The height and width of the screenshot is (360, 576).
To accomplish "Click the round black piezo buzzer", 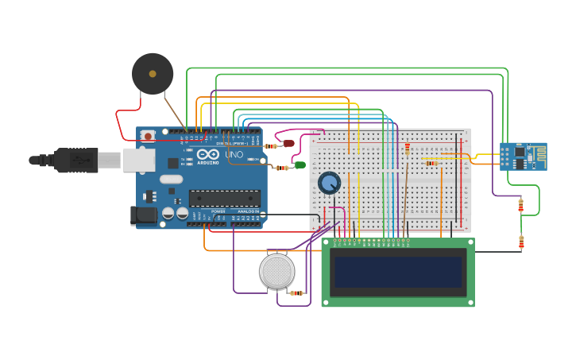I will point(153,74).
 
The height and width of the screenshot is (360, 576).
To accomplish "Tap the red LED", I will point(288,144).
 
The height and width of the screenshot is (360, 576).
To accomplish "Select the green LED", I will point(300,165).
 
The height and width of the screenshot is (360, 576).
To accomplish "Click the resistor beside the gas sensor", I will point(297,293).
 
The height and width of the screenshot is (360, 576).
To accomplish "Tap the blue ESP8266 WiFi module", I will point(523,156).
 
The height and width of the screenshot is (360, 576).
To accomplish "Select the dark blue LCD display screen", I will point(398,273).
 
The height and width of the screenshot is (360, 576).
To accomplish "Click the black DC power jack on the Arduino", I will point(144,215).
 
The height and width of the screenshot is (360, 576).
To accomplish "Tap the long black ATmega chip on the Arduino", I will point(224,199).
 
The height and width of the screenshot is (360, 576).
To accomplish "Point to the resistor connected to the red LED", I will point(271,146).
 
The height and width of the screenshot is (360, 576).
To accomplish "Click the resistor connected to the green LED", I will point(281,168).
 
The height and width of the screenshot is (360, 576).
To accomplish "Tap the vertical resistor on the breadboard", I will point(408,149).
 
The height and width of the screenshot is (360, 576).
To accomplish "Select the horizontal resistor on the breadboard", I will point(431,164).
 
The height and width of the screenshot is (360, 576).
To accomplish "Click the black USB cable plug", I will point(75,160).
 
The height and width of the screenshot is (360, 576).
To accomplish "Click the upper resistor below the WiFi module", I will point(521,206).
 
